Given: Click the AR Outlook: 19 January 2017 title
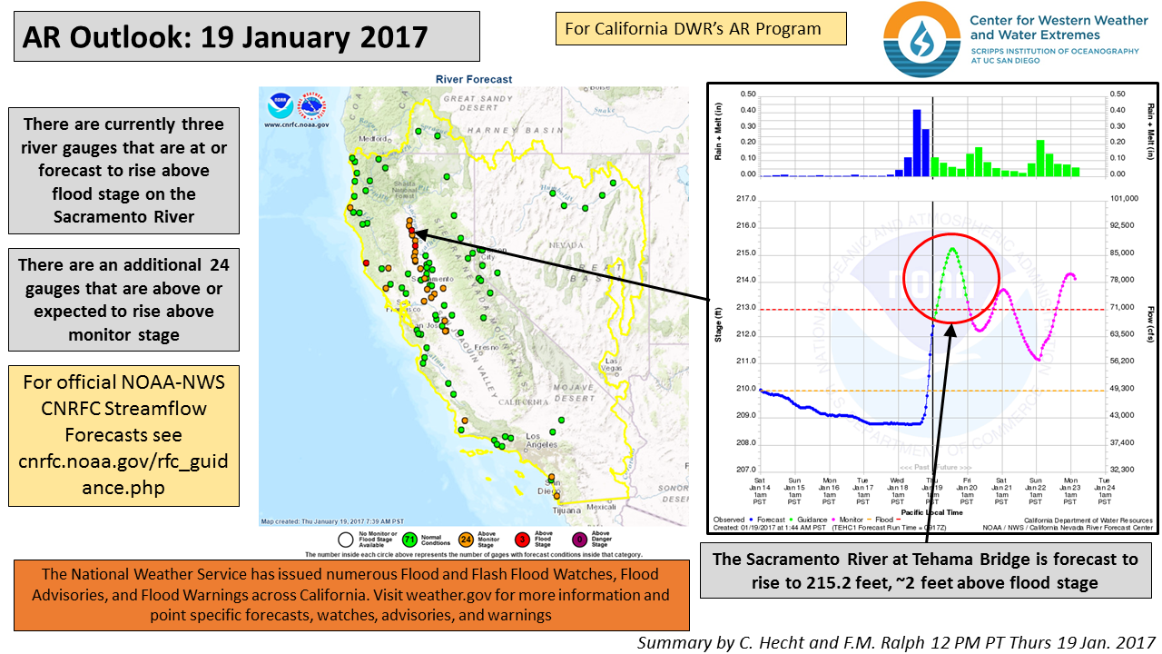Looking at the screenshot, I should coord(225,37).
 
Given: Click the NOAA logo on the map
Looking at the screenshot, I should coord(280,107).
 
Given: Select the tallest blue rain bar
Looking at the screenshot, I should coord(916,143).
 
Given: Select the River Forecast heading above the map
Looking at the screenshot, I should coord(474,79).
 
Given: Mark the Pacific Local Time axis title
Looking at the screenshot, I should coord(934,511).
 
